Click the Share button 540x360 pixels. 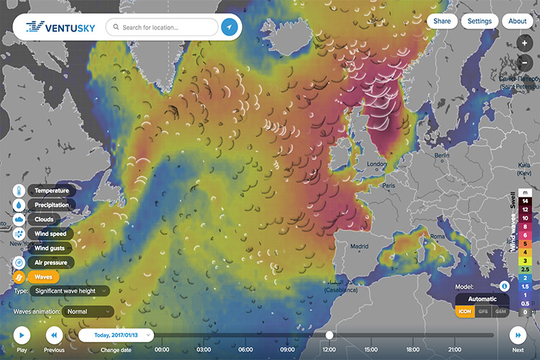[x=442, y=21]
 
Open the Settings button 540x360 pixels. [x=480, y=21]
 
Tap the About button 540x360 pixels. [x=518, y=21]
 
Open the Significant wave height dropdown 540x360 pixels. [x=71, y=291]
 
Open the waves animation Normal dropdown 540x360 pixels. [x=88, y=312]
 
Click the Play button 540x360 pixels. [x=22, y=335]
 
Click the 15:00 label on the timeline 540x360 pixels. [x=370, y=350]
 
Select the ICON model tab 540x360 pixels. [x=464, y=311]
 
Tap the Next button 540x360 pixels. [x=518, y=335]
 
